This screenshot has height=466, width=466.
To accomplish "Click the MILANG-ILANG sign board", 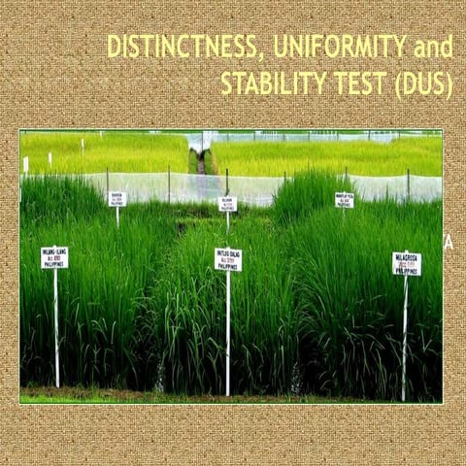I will click(x=54, y=257).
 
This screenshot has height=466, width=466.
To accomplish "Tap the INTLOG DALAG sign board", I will click(x=228, y=259).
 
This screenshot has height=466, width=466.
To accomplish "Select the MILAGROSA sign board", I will click(x=407, y=264).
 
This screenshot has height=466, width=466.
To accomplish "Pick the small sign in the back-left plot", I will click(x=117, y=198).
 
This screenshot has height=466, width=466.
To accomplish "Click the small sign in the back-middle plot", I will click(x=228, y=204).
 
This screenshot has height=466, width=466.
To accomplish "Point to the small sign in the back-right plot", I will click(x=344, y=199).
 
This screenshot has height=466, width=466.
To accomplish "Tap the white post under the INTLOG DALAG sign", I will click(x=228, y=330).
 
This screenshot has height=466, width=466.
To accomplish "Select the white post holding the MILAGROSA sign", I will click(x=405, y=335).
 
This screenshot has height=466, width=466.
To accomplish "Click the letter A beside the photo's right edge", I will click(x=449, y=244).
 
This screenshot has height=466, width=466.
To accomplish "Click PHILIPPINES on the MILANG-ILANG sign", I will click(x=54, y=264).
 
